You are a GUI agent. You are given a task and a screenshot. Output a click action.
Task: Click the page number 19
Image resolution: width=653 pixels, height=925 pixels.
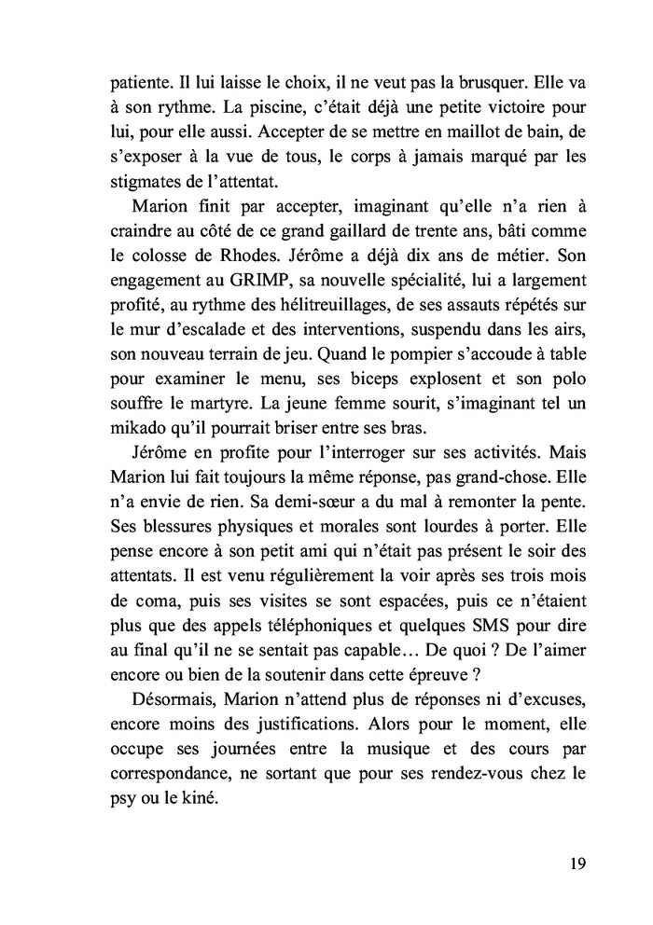[576, 863]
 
